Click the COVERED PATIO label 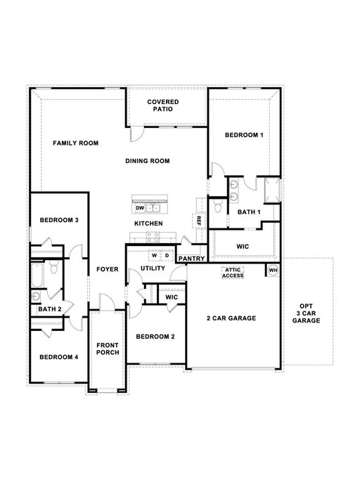click(x=162, y=105)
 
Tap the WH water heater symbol click(x=273, y=271)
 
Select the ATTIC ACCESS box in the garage click(x=233, y=273)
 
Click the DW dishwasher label click(x=140, y=208)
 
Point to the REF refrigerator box click(x=198, y=220)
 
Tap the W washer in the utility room click(x=155, y=256)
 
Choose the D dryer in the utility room click(x=167, y=256)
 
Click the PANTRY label click(x=191, y=259)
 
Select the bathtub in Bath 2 click(x=37, y=275)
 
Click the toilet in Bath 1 click(x=218, y=207)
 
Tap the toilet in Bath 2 click(x=54, y=268)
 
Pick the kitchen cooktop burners click(x=153, y=238)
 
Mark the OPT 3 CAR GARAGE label click(x=306, y=313)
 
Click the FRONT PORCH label click(x=108, y=349)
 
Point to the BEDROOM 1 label click(x=244, y=135)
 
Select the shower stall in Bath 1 click(x=272, y=190)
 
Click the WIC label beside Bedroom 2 click(x=172, y=297)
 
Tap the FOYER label click(x=108, y=269)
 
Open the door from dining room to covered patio click(x=136, y=134)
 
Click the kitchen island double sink click(x=153, y=208)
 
